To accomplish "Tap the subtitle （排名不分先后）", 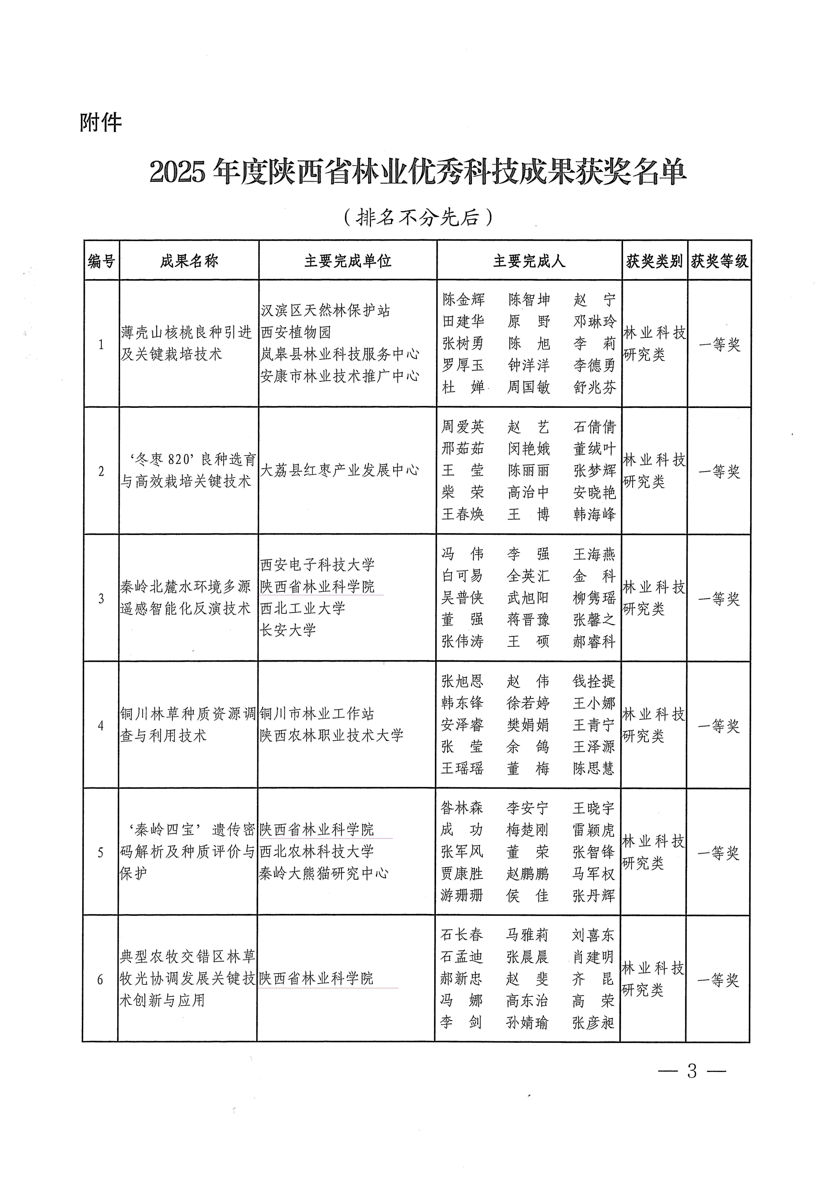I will (418, 217).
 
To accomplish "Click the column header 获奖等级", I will (719, 261).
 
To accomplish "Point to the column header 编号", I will (101, 261).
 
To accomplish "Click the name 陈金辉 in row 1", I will (463, 299).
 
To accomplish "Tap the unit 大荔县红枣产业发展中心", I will (339, 470).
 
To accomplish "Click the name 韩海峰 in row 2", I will (594, 514).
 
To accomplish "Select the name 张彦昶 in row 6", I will (593, 1023).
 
